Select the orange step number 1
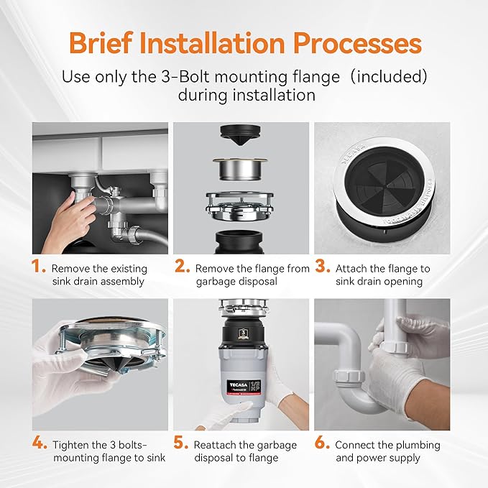38,267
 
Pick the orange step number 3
322,267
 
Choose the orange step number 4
40,443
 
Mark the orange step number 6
322,443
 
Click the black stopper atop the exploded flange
244,134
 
